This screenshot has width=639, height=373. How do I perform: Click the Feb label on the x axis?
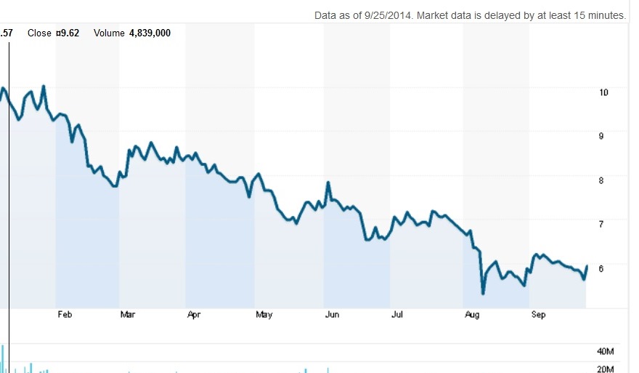(x=65, y=315)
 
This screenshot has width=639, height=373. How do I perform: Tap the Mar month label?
(x=128, y=315)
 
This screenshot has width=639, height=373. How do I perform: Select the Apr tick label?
(x=194, y=315)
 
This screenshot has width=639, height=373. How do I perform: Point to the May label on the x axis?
(x=264, y=315)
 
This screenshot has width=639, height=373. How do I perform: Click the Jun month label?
(x=332, y=315)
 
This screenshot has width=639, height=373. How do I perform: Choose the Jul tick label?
(x=397, y=315)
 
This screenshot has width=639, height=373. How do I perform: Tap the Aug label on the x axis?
(x=472, y=315)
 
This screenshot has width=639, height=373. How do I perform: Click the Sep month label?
(x=539, y=315)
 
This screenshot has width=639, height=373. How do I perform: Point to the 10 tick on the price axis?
(x=603, y=92)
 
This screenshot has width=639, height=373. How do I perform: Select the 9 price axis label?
(x=601, y=136)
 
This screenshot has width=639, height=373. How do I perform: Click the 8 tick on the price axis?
(x=601, y=180)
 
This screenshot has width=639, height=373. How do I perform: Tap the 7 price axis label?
(x=601, y=224)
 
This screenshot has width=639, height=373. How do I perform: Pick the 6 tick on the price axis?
(x=601, y=268)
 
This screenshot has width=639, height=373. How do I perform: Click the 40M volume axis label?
(x=605, y=351)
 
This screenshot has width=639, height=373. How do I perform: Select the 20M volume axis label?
(x=605, y=369)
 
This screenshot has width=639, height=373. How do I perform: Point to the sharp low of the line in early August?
(x=483, y=293)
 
